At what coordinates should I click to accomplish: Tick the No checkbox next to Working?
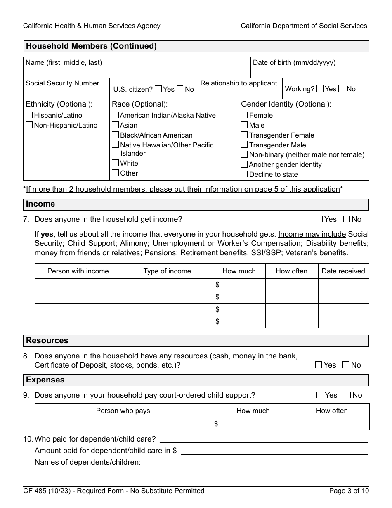342,88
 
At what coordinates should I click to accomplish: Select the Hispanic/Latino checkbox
29,115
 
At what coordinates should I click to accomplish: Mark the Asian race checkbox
116,125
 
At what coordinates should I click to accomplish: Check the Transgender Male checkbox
244,145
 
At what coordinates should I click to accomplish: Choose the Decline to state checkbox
244,174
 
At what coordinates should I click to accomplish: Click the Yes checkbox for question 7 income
319,219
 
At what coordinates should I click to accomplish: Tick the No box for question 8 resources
346,365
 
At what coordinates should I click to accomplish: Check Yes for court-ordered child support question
320,395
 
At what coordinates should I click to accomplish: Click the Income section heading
40,204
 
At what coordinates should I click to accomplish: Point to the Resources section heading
47,341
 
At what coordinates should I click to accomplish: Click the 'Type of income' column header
167,271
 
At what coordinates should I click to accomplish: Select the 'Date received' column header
343,271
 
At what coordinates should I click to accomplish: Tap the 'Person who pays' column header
123,411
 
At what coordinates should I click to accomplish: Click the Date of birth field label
294,63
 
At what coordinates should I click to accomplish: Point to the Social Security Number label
62,83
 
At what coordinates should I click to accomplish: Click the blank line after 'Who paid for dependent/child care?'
264,439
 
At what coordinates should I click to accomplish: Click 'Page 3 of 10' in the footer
349,491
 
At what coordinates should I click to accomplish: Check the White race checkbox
116,163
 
